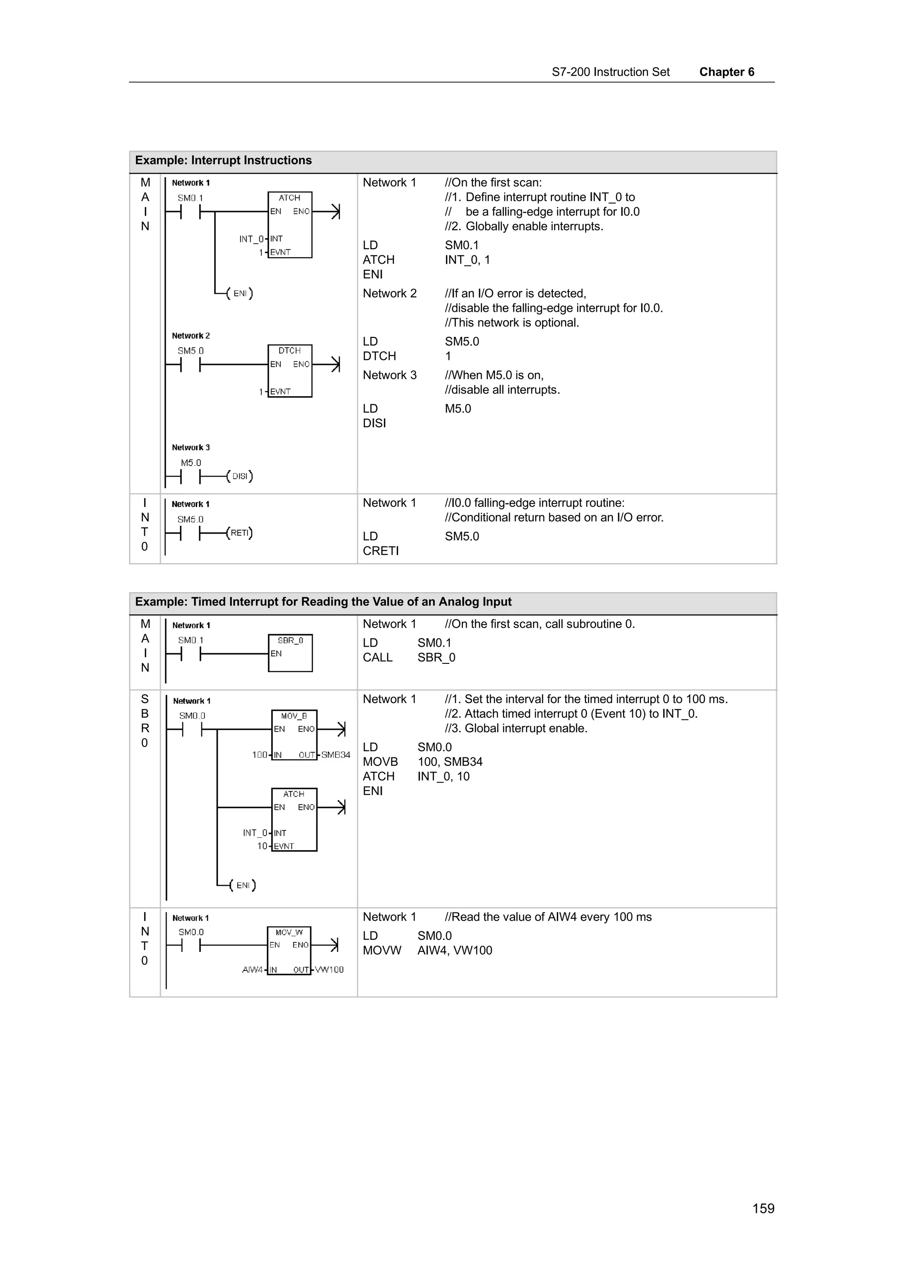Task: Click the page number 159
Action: (763, 1208)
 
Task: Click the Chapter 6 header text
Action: (726, 72)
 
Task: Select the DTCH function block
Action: (289, 371)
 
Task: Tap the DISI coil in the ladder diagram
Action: (240, 476)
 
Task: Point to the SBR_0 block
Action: (290, 652)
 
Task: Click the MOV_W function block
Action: (289, 951)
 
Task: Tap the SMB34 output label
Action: (336, 755)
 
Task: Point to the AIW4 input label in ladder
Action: (252, 969)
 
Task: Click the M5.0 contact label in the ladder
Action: (191, 463)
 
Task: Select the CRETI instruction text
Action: (381, 551)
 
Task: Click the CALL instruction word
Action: (377, 657)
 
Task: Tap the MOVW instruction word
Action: (381, 951)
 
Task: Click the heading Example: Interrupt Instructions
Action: (223, 161)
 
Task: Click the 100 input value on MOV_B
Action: (259, 755)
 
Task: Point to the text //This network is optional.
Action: (511, 323)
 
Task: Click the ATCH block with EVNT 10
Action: (294, 819)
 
